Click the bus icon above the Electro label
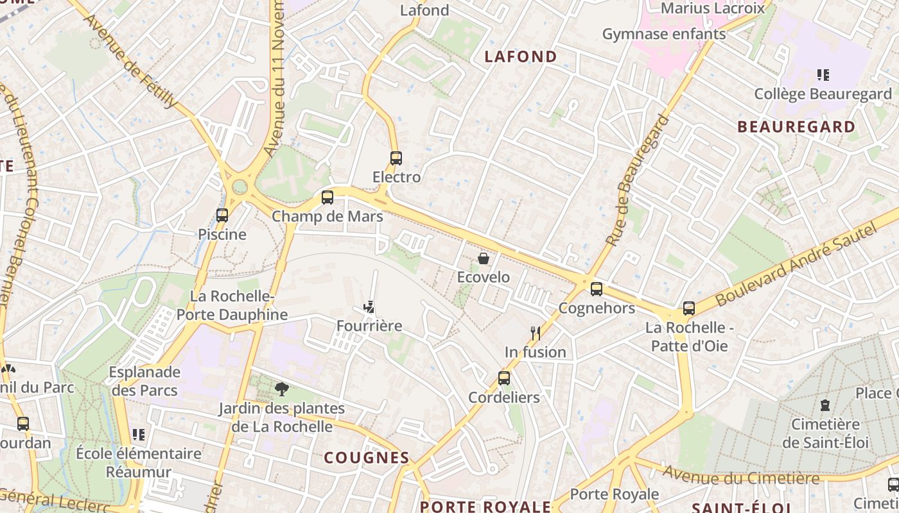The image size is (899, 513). click(x=396, y=158)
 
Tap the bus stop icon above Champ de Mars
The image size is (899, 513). click(x=327, y=198)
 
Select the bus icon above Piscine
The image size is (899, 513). click(x=222, y=215)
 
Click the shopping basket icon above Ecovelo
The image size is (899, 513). click(x=484, y=258)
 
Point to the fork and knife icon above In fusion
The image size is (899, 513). click(x=536, y=333)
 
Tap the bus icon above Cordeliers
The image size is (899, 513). click(x=504, y=378)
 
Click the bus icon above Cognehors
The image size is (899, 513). click(x=597, y=289)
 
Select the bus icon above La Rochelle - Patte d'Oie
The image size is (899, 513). click(x=689, y=308)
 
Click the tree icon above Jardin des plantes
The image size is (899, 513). click(x=281, y=389)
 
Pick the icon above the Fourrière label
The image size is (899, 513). click(x=369, y=307)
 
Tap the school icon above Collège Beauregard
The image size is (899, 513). click(x=823, y=75)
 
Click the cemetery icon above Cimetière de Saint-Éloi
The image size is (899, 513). click(x=825, y=405)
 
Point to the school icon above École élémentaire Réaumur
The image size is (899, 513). click(x=138, y=435)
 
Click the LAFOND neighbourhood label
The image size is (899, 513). click(x=521, y=56)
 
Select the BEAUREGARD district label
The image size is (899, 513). click(x=796, y=126)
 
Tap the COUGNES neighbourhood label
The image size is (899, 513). click(x=367, y=457)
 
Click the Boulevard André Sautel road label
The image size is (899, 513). click(x=796, y=264)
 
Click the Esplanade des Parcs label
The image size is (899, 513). click(x=144, y=381)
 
